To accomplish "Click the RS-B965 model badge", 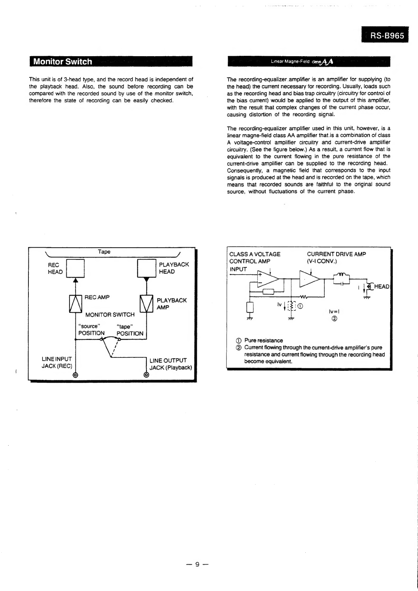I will coord(385,35).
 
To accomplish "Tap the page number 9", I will coord(197,564).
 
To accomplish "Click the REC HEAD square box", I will coord(75,268).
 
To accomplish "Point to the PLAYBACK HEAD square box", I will coord(146,268).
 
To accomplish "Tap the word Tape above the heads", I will coord(104,252).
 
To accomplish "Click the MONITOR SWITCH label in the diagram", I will coord(110,315).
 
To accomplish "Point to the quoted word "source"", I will coord(89,326).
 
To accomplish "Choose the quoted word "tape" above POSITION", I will coord(124,327).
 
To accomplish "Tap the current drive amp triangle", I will coord(309,279).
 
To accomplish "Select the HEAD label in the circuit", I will coord(381,287).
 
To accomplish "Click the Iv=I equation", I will coord(334,311).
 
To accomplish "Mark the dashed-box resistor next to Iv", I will coord(291,306).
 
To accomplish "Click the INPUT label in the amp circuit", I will coord(238,269).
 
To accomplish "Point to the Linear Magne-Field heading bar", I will coord(309,62).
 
